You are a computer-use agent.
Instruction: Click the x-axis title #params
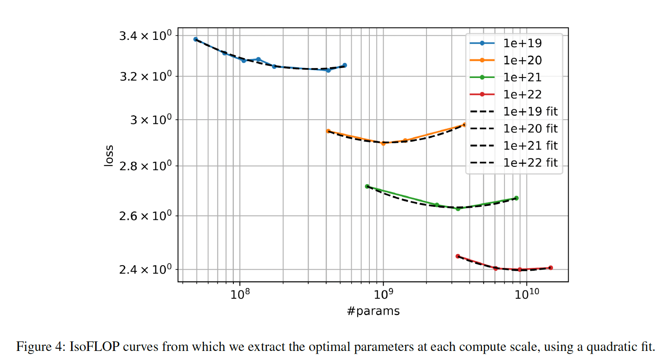(373, 311)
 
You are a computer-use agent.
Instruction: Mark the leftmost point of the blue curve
(195, 39)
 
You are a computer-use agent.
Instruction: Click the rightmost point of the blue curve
(344, 65)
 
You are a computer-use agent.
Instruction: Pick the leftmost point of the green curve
(367, 186)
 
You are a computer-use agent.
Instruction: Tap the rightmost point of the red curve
(551, 268)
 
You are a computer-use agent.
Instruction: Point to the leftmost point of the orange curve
(328, 131)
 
